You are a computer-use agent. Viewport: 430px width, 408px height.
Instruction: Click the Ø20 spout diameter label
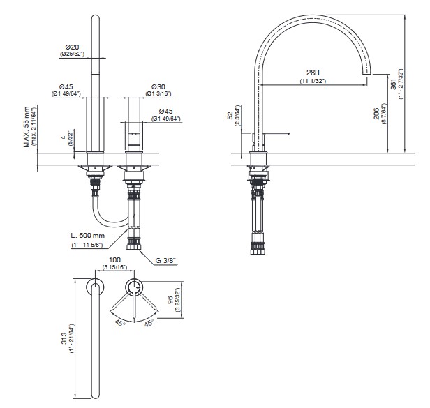pyautogui.click(x=72, y=47)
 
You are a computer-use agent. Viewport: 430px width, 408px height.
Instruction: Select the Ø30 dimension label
pyautogui.click(x=158, y=87)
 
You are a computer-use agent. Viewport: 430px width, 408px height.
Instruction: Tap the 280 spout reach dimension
pyautogui.click(x=313, y=73)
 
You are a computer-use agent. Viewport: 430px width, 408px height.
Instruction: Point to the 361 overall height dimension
pyautogui.click(x=394, y=84)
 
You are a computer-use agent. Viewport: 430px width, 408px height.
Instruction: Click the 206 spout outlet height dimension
pyautogui.click(x=376, y=114)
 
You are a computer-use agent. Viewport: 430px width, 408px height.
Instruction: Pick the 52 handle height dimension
pyautogui.click(x=230, y=114)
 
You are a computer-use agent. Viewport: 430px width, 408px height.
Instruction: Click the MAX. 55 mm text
pyautogui.click(x=27, y=127)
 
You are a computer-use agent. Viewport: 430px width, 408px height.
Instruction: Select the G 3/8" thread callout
pyautogui.click(x=165, y=260)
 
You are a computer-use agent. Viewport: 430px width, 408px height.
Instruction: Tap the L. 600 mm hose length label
pyautogui.click(x=87, y=235)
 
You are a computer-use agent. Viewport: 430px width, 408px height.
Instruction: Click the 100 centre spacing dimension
pyautogui.click(x=114, y=259)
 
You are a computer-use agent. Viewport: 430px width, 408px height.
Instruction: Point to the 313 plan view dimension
pyautogui.click(x=64, y=338)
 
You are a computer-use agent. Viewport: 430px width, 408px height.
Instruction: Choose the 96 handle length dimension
pyautogui.click(x=170, y=300)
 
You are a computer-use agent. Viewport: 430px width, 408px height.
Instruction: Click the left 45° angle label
pyautogui.click(x=120, y=323)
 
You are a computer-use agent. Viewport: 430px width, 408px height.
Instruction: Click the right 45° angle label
pyautogui.click(x=149, y=323)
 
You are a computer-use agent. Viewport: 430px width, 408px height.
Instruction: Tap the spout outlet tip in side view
pyautogui.click(x=366, y=74)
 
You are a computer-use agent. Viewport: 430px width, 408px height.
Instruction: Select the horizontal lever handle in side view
pyautogui.click(x=276, y=134)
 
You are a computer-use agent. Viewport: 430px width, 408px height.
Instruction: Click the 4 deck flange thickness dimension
pyautogui.click(x=64, y=137)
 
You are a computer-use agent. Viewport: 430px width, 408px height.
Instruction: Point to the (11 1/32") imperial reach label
pyautogui.click(x=313, y=81)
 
